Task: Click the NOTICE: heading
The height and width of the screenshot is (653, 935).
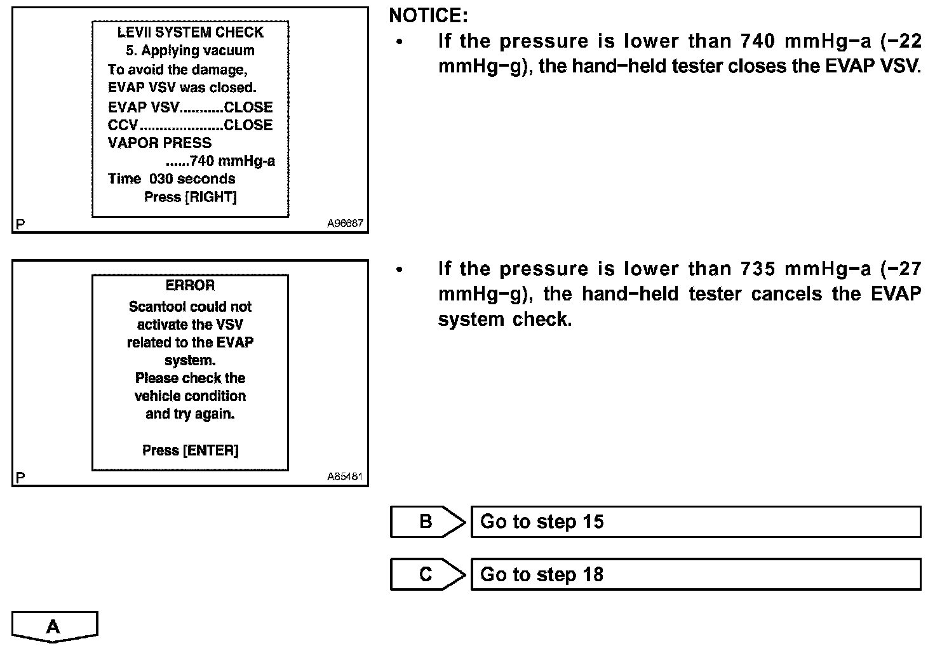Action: pyautogui.click(x=428, y=16)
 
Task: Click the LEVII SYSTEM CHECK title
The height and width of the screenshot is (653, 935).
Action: pyautogui.click(x=190, y=32)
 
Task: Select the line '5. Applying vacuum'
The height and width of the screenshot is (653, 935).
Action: pyautogui.click(x=190, y=51)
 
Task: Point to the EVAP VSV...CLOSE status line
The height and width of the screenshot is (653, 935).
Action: pyautogui.click(x=190, y=107)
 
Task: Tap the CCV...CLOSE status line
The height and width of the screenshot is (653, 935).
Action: pyautogui.click(x=190, y=125)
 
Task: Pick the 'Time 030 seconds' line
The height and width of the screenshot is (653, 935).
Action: pyautogui.click(x=172, y=178)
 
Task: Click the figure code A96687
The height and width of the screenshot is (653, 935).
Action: pyautogui.click(x=345, y=224)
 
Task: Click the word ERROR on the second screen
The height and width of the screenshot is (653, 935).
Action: pyautogui.click(x=190, y=285)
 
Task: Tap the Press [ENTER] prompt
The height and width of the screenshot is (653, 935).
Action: pyautogui.click(x=190, y=450)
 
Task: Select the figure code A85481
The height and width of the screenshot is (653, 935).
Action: pyautogui.click(x=345, y=476)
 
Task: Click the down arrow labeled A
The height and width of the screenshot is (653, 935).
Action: pyautogui.click(x=54, y=627)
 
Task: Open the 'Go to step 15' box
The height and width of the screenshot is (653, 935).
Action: pyautogui.click(x=696, y=522)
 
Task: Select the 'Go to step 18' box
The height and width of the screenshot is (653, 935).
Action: pyautogui.click(x=696, y=574)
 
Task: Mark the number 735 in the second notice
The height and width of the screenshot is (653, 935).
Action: pyautogui.click(x=757, y=269)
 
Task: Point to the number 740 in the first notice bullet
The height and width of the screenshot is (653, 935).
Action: pyautogui.click(x=757, y=41)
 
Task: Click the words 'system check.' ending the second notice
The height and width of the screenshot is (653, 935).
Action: pyautogui.click(x=504, y=320)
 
